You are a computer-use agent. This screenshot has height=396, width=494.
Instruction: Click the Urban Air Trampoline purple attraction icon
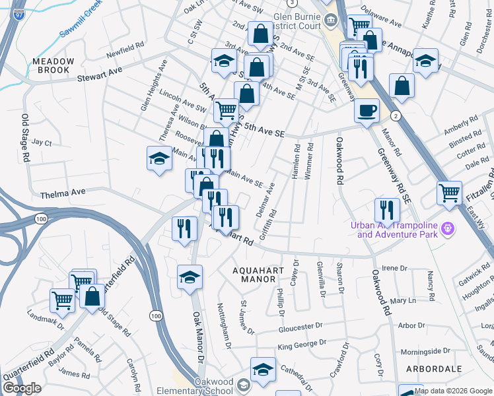[448, 228]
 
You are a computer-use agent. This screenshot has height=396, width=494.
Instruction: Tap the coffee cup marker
[367, 110]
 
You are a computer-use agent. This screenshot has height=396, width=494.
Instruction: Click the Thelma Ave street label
[63, 194]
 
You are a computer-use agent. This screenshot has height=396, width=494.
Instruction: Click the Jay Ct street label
[42, 142]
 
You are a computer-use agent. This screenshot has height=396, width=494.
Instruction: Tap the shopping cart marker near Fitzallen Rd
[449, 193]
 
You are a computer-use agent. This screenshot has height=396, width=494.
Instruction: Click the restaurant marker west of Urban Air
[387, 210]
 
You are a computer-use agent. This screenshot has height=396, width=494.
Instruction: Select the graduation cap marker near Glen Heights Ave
[159, 158]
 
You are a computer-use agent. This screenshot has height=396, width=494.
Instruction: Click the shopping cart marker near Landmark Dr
[62, 300]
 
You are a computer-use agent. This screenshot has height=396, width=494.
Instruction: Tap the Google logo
[22, 388]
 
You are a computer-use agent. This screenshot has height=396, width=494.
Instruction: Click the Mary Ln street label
[402, 300]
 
